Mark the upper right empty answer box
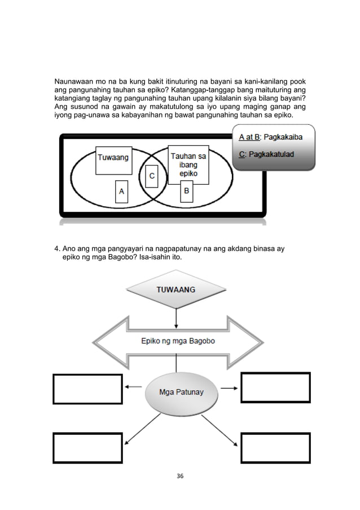[276, 389]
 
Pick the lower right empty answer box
[276, 448]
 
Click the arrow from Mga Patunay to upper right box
[228, 388]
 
